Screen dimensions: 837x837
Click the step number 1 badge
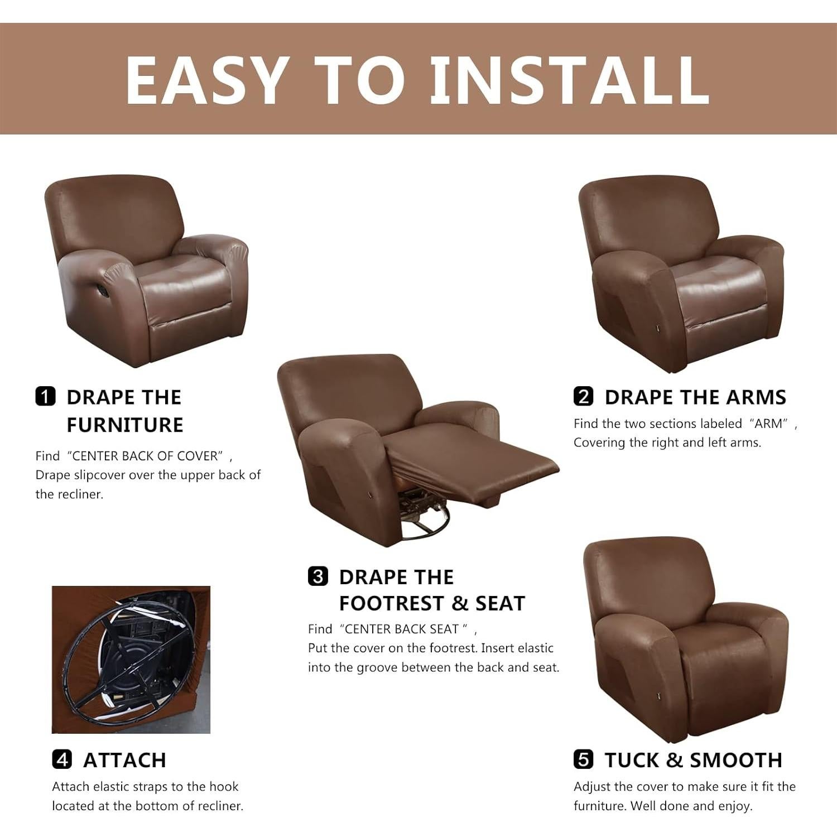click(45, 396)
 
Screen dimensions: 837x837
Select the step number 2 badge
click(583, 396)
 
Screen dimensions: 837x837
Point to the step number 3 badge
click(318, 576)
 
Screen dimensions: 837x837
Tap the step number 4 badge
click(61, 759)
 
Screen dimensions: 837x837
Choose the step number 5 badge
click(583, 759)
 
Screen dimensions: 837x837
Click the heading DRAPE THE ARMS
click(695, 397)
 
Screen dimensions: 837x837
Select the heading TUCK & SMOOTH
click(693, 760)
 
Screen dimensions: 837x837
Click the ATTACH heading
click(124, 760)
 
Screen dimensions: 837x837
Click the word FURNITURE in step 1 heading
click(125, 425)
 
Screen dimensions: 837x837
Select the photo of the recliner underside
click(131, 660)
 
